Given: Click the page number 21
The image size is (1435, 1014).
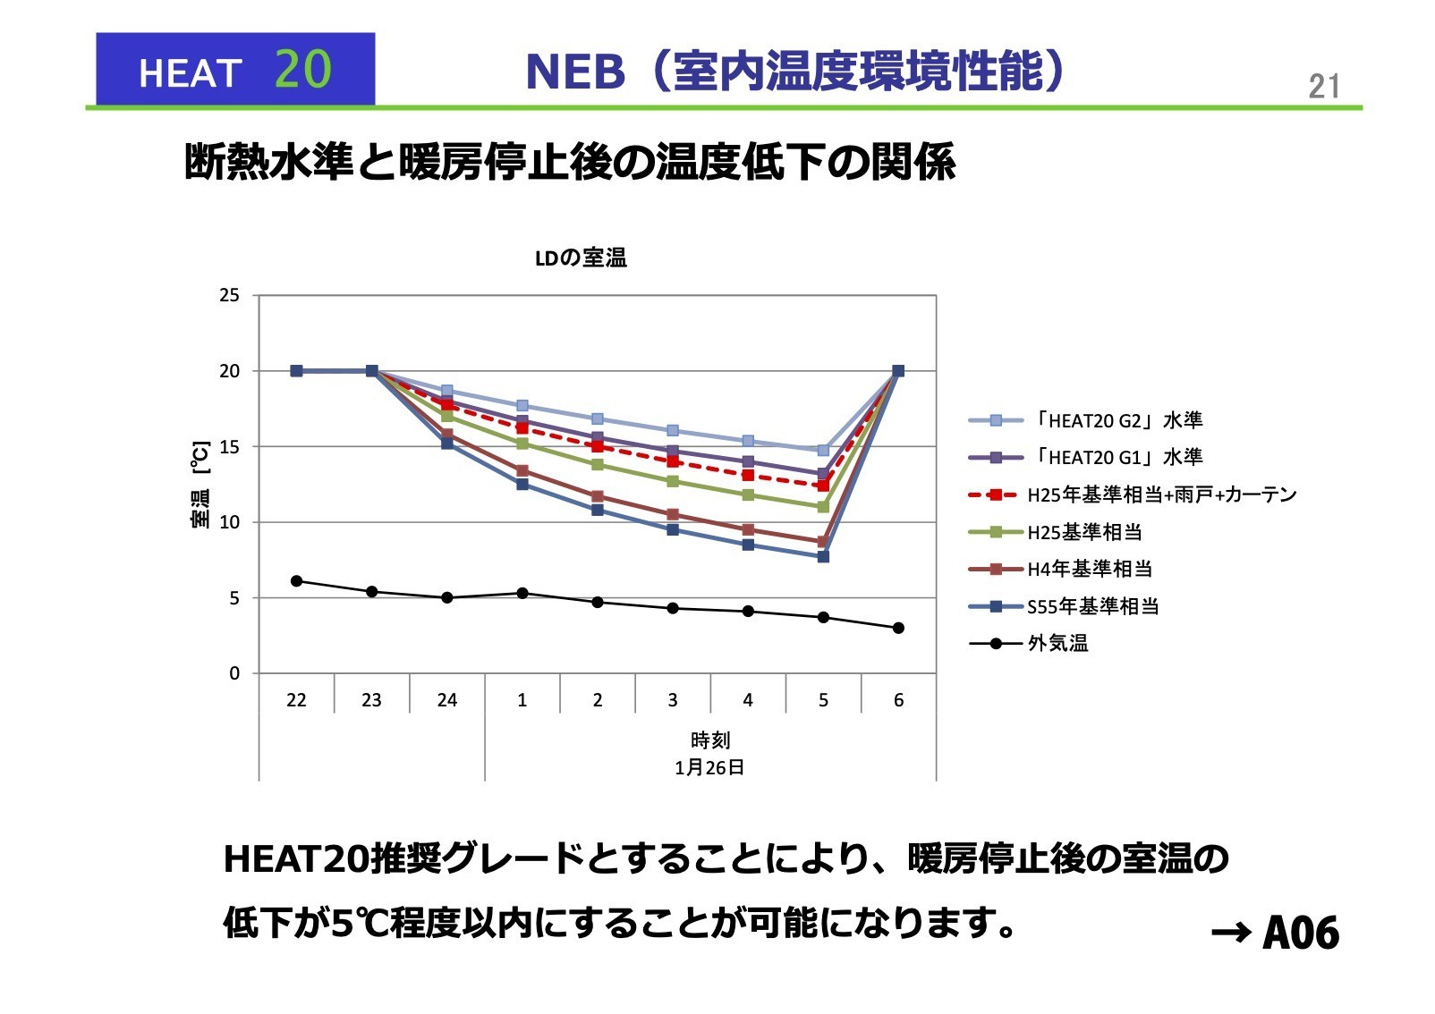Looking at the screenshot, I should [x=1323, y=87].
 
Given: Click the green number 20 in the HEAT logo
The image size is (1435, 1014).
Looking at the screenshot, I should [x=302, y=69].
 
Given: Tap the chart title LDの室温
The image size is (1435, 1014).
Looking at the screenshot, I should [x=581, y=258].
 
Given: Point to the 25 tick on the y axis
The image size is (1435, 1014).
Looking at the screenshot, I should [x=229, y=295].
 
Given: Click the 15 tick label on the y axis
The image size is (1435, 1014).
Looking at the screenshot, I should [x=229, y=446].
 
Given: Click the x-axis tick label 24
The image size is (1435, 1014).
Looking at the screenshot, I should [x=446, y=700].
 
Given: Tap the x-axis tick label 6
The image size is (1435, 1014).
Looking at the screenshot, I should [x=898, y=700].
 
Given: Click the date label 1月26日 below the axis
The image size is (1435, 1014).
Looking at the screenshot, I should [x=709, y=767].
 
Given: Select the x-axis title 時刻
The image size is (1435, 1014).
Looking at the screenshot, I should [x=709, y=740].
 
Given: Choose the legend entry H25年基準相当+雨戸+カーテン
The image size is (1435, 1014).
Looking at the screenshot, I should [x=1161, y=494].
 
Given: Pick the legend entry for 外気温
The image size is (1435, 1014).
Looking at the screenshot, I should [x=1057, y=643].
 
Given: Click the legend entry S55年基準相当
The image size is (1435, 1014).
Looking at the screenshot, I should [x=1092, y=606].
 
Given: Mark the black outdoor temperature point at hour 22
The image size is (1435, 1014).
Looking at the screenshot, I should [x=296, y=581].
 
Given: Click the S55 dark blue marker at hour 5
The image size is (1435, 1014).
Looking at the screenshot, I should [x=823, y=556].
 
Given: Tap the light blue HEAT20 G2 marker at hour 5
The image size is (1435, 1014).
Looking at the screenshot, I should [x=823, y=450].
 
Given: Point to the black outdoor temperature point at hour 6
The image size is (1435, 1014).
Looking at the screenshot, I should [x=898, y=628].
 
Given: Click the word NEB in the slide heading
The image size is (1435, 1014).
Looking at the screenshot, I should [x=574, y=72].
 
